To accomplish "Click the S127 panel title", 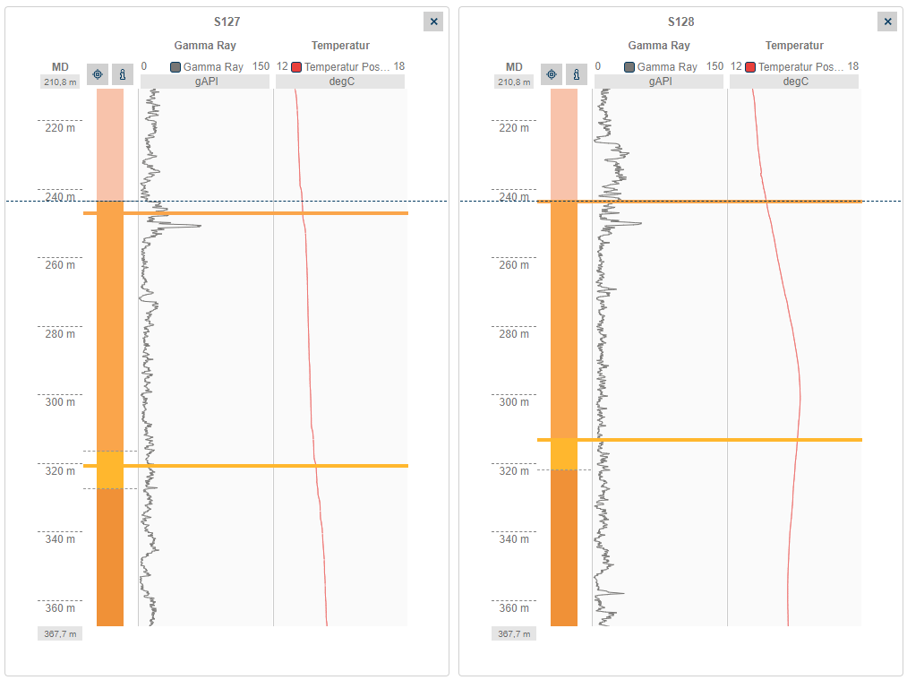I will pyautogui.click(x=227, y=22).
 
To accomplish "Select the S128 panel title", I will pyautogui.click(x=680, y=22).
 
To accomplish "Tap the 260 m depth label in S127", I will pyautogui.click(x=60, y=265).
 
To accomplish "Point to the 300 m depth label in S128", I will pyautogui.click(x=514, y=402).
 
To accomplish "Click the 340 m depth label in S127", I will pyautogui.click(x=60, y=539).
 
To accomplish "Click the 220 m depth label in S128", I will pyautogui.click(x=514, y=128).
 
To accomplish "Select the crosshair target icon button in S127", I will pyautogui.click(x=98, y=74).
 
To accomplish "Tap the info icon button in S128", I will pyautogui.click(x=577, y=74).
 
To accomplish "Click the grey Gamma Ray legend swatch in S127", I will pyautogui.click(x=175, y=67).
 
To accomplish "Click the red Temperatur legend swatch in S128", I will pyautogui.click(x=750, y=67).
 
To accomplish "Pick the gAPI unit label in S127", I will pyautogui.click(x=205, y=82).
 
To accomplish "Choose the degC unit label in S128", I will pyautogui.click(x=794, y=82).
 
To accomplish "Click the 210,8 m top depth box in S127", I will pyautogui.click(x=60, y=82).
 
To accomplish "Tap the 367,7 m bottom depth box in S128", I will pyautogui.click(x=514, y=633).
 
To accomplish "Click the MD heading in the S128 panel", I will pyautogui.click(x=514, y=67).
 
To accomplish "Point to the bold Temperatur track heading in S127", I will pyautogui.click(x=340, y=46).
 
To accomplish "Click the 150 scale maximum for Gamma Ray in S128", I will pyautogui.click(x=714, y=67).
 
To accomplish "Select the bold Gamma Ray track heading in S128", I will pyautogui.click(x=659, y=46).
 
